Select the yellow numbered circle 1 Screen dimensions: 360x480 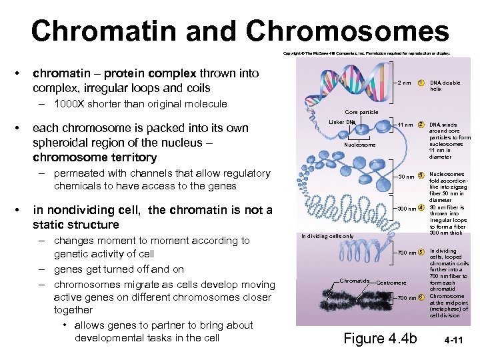tap(421, 83)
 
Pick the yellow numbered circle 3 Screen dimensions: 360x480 tap(421, 177)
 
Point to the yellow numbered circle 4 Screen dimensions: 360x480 tap(421, 209)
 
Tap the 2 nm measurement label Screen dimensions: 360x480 tap(403, 83)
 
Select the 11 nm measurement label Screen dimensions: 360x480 tap(405, 125)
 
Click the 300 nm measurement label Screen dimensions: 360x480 tap(406, 209)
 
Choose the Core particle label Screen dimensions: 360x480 tap(361, 112)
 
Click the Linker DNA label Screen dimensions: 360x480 tap(343, 122)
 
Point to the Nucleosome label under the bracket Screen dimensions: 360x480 tap(359, 145)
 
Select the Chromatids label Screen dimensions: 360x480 tap(354, 281)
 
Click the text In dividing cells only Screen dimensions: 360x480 tap(327, 236)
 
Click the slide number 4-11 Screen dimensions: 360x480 tap(455, 340)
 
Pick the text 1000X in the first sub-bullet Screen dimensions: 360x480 tap(68, 104)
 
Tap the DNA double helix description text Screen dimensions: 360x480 tap(445, 86)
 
